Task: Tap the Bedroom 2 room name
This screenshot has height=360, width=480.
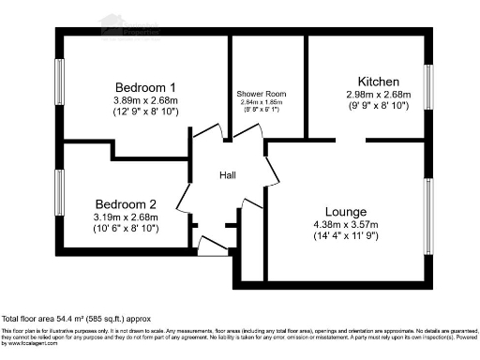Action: [x=127, y=204]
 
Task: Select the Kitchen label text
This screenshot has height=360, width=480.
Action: [x=380, y=82]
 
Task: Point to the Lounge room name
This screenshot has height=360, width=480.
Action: [x=347, y=212]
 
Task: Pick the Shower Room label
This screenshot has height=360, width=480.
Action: [x=262, y=96]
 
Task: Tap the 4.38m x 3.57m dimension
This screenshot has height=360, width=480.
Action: [x=347, y=225]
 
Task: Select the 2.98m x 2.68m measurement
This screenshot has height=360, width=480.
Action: [x=380, y=95]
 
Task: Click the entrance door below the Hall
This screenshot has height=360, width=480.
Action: [x=213, y=246]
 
